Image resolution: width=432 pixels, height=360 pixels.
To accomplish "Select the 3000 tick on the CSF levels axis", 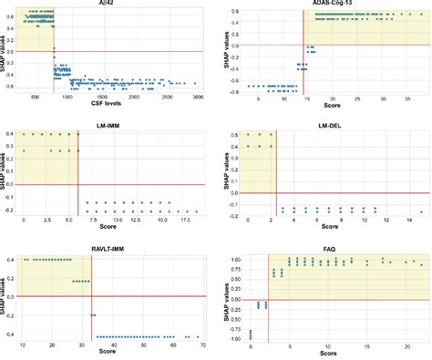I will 197,96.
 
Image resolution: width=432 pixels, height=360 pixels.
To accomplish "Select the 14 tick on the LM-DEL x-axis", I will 409,220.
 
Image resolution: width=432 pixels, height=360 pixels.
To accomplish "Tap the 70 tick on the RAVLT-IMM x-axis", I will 202,344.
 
